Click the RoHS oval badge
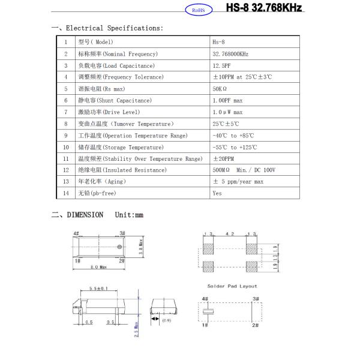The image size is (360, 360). click(x=196, y=10)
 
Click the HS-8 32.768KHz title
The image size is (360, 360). click(x=264, y=8)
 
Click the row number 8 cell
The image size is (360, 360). click(x=66, y=124)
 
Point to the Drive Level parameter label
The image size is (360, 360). click(x=109, y=112)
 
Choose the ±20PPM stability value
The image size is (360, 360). click(x=223, y=158)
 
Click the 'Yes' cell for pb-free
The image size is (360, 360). click(x=217, y=193)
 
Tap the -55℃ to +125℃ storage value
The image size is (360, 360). click(x=235, y=147)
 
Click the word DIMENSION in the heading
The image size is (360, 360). click(x=85, y=215)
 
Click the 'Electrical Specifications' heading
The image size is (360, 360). click(x=114, y=28)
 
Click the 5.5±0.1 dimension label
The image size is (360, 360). click(x=100, y=289)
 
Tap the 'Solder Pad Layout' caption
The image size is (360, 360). click(x=231, y=286)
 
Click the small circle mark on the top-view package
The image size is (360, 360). click(x=120, y=247)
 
